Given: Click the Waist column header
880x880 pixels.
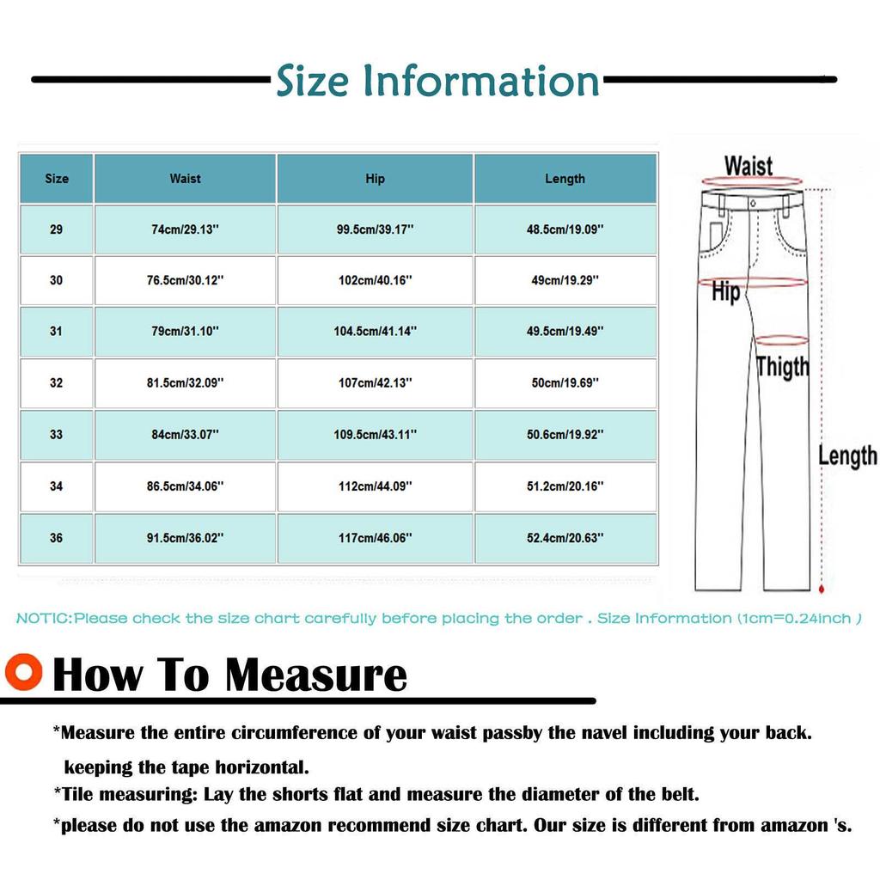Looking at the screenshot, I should (185, 179).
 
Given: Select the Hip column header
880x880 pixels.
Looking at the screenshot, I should (375, 179).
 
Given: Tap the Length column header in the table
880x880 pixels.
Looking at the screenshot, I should (565, 179).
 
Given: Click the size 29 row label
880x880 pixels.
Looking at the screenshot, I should (57, 229).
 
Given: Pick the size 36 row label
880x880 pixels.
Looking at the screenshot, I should (57, 538).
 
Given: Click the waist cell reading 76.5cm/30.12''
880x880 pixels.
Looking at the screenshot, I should (185, 280).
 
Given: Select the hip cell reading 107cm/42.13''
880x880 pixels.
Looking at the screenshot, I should (375, 383).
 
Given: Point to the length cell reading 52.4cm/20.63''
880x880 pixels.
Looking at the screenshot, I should (565, 538).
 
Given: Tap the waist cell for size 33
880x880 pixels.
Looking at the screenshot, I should (185, 435).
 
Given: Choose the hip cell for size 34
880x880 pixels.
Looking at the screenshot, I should (375, 486).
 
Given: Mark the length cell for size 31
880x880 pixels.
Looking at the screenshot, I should (565, 332).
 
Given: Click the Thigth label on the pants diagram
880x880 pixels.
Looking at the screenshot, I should (782, 367).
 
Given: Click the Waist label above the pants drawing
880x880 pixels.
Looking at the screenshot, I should (748, 165).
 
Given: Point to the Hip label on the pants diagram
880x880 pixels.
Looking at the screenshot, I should (725, 293).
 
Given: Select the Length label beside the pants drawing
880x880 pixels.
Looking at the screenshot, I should (846, 455).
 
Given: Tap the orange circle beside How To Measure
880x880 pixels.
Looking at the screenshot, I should (22, 672).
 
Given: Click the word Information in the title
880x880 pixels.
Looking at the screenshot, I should (481, 82).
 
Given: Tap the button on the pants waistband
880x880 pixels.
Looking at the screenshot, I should (752, 203).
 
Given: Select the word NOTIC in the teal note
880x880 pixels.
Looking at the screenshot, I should (43, 619).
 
